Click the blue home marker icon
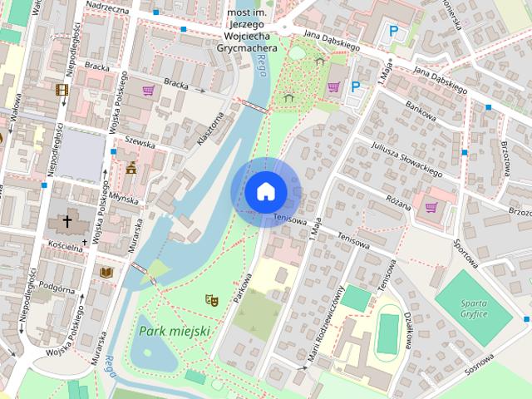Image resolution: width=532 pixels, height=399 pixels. click(264, 191)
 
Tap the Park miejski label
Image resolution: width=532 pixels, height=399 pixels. click(175, 331)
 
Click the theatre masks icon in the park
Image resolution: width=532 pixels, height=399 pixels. click(211, 298)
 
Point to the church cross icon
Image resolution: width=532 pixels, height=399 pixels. click(66, 222)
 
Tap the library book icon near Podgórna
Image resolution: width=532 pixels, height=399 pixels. click(106, 272)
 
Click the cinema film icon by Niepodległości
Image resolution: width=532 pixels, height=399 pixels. click(62, 90)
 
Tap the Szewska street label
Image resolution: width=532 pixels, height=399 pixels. click(140, 142)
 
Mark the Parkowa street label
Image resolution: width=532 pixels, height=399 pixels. click(243, 287)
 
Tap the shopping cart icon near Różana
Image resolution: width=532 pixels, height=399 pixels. click(431, 207)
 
